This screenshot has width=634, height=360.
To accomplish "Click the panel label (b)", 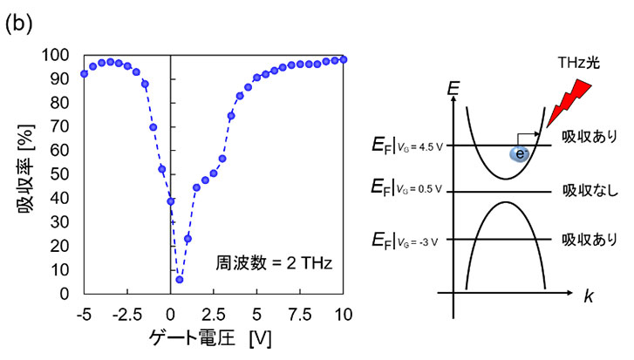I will (x=18, y=24).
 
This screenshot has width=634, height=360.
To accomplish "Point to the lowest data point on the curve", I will (x=179, y=280).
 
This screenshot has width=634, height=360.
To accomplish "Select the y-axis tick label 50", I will (x=64, y=174).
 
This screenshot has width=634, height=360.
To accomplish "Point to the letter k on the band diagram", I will (x=589, y=295).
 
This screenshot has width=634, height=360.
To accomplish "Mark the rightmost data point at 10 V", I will (x=343, y=59).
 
